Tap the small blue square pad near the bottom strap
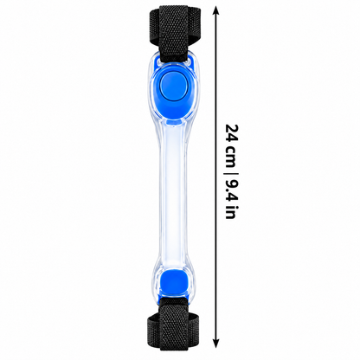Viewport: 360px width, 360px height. pyautogui.click(x=173, y=283)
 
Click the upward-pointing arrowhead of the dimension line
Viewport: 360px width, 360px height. pyautogui.click(x=216, y=10)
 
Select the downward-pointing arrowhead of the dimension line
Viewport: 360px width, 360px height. pyautogui.click(x=216, y=344)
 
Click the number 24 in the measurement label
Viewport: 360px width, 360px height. pyautogui.click(x=232, y=133)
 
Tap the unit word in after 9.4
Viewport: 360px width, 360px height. pyautogui.click(x=231, y=213)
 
